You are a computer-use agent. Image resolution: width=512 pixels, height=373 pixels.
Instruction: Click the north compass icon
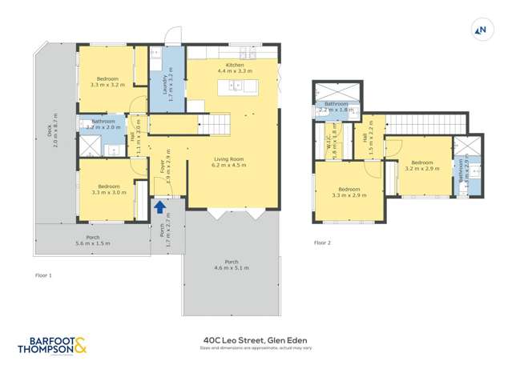tap(482, 30)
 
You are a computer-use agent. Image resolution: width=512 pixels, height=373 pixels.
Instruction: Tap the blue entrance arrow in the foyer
tap(159, 207)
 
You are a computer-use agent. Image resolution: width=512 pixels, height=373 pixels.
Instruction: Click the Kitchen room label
tap(234, 68)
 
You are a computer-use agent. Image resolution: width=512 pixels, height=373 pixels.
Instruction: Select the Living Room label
tap(228, 162)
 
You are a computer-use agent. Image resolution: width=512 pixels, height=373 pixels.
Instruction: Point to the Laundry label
tap(166, 82)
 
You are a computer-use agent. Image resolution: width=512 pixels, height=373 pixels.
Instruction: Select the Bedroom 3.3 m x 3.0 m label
tap(109, 189)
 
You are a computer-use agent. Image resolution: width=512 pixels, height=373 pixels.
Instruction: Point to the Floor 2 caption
tap(322, 242)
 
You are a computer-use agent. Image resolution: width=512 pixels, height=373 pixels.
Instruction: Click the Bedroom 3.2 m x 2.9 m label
tap(421, 166)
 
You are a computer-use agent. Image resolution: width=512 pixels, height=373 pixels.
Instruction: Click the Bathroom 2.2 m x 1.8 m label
tap(336, 107)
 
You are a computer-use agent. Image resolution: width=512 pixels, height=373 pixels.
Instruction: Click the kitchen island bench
tap(238, 87)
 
